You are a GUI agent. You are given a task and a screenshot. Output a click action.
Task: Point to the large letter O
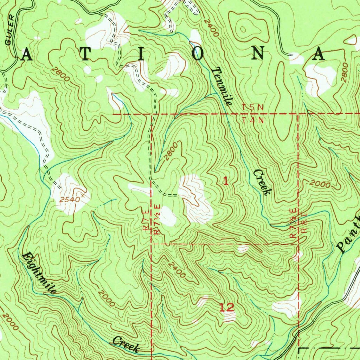tap(198, 54)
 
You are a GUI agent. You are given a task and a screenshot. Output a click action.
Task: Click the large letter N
tap(259, 54)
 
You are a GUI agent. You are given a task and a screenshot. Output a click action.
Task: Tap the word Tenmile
tap(222, 86)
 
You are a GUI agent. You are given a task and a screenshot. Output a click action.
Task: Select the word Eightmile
tap(39, 273)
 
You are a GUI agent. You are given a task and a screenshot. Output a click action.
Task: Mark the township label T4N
tap(253, 120)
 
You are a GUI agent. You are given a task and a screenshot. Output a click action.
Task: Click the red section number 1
tap(226, 181)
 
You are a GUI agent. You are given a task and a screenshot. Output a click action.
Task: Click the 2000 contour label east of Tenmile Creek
tap(320, 185)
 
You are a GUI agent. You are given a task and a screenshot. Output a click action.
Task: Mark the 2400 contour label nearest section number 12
tap(176, 270)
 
